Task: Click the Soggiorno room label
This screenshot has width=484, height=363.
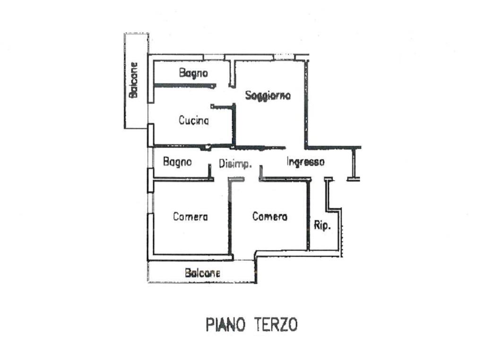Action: click(x=268, y=95)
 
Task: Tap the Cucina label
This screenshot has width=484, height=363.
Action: click(x=193, y=121)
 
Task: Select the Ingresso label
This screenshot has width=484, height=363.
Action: click(x=305, y=162)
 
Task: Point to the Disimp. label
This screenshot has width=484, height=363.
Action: click(x=235, y=164)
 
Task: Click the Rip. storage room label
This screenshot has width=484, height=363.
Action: click(x=322, y=226)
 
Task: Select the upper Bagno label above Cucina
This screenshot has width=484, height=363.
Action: click(x=193, y=73)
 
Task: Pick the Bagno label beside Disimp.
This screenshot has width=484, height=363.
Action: click(x=177, y=162)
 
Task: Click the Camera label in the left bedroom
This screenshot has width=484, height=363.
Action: click(x=190, y=217)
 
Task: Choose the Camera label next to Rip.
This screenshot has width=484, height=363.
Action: click(x=269, y=216)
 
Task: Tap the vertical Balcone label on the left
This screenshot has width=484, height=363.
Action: click(x=134, y=80)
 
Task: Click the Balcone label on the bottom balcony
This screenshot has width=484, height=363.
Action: click(x=202, y=273)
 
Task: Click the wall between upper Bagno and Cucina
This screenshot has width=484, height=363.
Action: click(x=184, y=85)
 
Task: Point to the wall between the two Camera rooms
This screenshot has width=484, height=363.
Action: click(x=230, y=217)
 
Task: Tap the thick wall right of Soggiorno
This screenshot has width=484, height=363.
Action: click(x=306, y=104)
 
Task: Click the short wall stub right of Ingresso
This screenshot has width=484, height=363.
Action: click(x=354, y=163)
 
